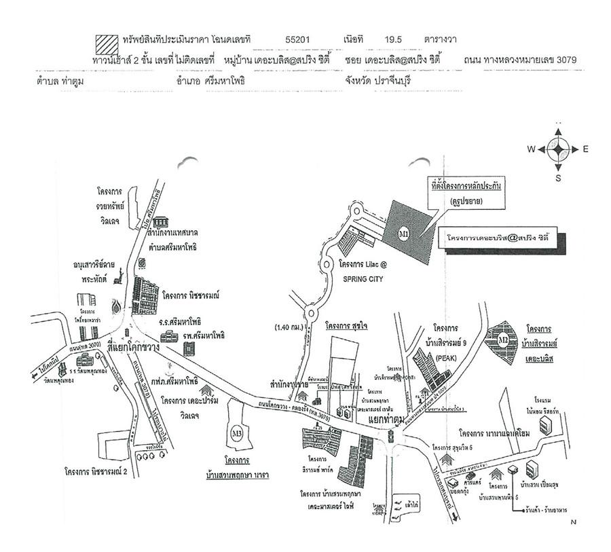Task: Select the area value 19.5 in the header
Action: [393, 40]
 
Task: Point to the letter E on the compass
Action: [585, 149]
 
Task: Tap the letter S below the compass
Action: [558, 179]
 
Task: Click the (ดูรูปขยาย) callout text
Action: [464, 202]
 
